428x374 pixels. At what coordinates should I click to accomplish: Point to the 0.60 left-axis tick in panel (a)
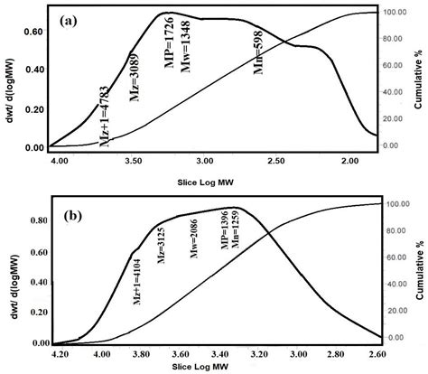coord(33,31)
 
